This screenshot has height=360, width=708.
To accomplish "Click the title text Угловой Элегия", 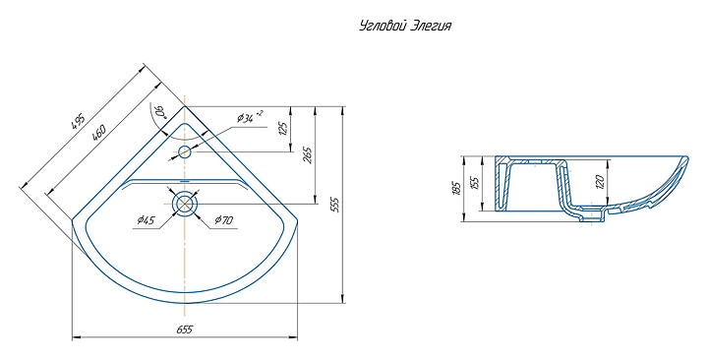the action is (405, 26).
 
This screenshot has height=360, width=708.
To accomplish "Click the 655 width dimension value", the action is (185, 330).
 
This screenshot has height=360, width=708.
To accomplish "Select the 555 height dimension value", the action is (335, 205).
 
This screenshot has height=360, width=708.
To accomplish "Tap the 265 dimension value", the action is (309, 155).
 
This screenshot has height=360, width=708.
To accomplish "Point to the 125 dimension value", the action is (283, 128).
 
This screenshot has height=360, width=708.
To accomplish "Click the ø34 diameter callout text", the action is (250, 117).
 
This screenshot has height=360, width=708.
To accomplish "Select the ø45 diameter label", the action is (146, 220).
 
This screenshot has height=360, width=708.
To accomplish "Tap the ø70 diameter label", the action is (224, 220).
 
